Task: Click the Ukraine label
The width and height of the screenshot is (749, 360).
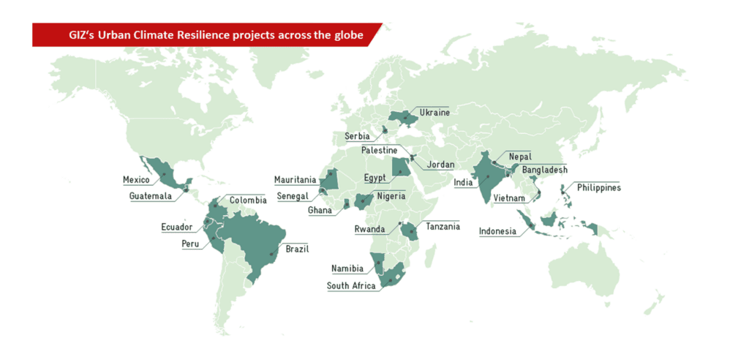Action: [x=434, y=113]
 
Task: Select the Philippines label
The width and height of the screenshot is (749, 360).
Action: [x=598, y=187]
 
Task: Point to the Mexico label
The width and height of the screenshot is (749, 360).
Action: [x=136, y=180]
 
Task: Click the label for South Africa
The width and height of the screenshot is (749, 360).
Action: [x=351, y=286]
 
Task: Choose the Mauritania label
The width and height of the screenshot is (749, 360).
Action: [x=296, y=180]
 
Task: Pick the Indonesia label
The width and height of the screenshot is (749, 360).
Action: [x=497, y=232]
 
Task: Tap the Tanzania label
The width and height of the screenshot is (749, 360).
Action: [x=443, y=227]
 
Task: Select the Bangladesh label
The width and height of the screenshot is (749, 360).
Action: [x=544, y=170]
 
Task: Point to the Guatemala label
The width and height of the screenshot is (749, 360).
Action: [x=151, y=196]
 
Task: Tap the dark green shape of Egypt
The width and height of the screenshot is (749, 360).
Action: [x=401, y=167]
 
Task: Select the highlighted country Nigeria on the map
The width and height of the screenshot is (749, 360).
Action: [x=364, y=200]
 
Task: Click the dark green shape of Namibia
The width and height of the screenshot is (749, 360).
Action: [x=377, y=263]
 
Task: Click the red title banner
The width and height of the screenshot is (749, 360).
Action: [x=205, y=34]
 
